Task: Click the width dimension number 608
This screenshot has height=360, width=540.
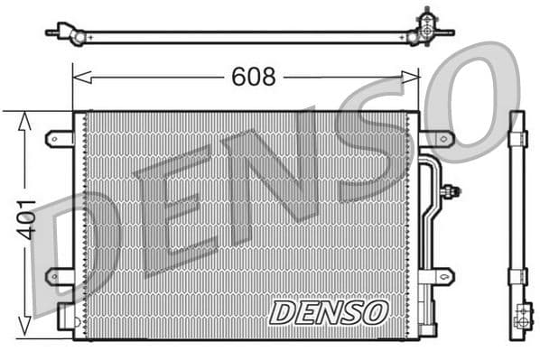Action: [253, 78]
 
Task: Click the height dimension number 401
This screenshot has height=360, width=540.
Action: [26, 219]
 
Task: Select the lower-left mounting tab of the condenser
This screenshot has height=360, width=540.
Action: [59, 275]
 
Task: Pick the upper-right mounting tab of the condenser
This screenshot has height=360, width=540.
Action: [437, 139]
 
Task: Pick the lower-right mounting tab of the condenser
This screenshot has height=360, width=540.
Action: [437, 275]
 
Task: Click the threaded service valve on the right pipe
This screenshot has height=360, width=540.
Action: [451, 190]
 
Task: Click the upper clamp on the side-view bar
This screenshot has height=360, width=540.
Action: [517, 138]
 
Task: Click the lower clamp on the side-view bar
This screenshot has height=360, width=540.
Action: [517, 276]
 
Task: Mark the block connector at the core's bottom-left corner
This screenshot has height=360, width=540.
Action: [66, 316]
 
